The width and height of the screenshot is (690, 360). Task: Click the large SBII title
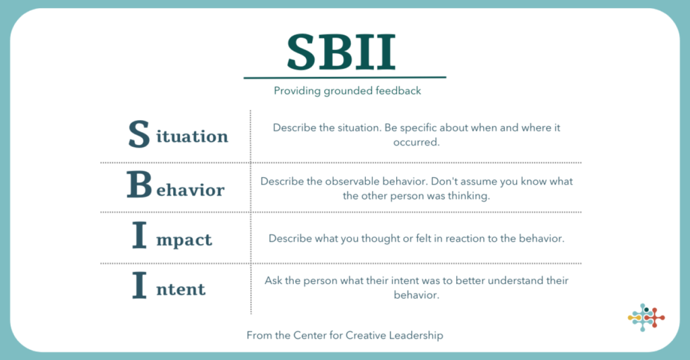point(341,53)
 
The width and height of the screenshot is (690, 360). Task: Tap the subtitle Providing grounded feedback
point(347,90)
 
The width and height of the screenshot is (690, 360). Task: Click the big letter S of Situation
point(139,133)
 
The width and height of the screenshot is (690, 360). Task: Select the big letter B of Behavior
point(139,185)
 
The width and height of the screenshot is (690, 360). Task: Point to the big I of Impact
point(139,235)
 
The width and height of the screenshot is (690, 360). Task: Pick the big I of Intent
point(139,285)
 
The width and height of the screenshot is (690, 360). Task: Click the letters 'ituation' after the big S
point(192,136)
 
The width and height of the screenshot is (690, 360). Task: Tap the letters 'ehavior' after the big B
point(191,189)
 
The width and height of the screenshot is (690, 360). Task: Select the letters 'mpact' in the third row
point(184,240)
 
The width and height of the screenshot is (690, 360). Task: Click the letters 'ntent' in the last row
point(181,289)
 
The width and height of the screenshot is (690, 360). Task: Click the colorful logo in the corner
point(646,318)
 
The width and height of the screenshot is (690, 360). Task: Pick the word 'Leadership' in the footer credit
point(416,335)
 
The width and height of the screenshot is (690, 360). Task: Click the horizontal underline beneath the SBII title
point(345,78)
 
